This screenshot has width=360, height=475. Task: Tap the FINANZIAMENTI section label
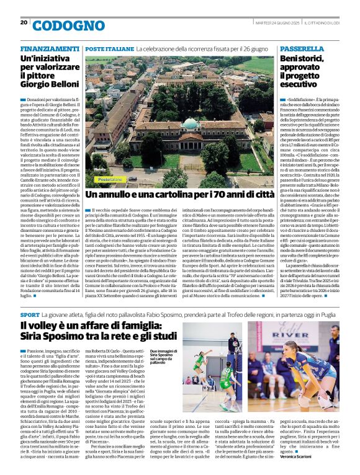50,48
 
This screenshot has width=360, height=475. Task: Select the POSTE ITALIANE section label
109,48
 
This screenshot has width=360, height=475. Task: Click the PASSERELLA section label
302,48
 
